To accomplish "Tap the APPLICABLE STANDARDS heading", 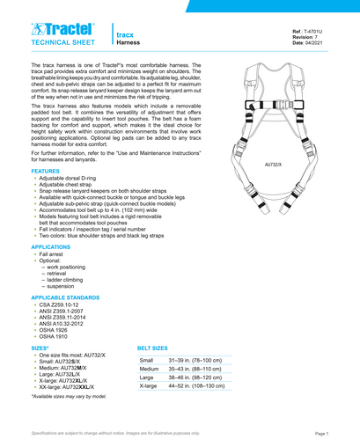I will (67, 324).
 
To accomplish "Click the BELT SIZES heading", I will (158, 348).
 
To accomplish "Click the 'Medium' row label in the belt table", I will (150, 370).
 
